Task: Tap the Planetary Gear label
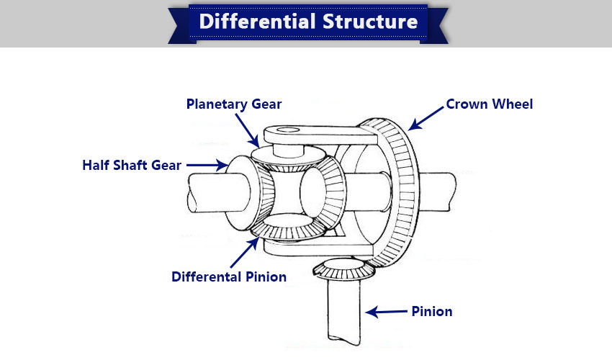[x=234, y=104]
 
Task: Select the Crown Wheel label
[x=490, y=104]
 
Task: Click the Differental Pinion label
[x=229, y=276]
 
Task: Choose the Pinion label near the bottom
[x=432, y=312]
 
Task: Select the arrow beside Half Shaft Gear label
[x=208, y=165]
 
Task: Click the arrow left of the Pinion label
[x=386, y=312]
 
